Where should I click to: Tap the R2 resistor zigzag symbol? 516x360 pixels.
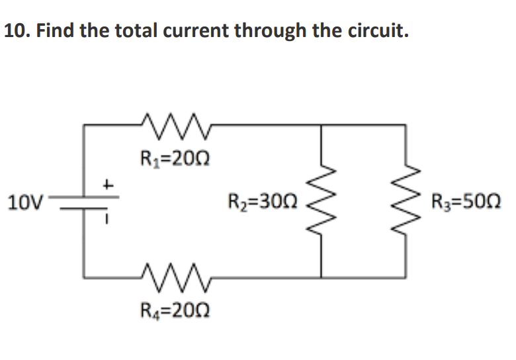click(x=322, y=199)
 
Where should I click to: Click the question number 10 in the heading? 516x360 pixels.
click(x=16, y=31)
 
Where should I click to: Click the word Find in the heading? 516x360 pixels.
click(x=56, y=31)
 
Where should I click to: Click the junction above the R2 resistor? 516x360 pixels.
click(x=322, y=124)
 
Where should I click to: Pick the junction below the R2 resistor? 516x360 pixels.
click(x=322, y=276)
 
